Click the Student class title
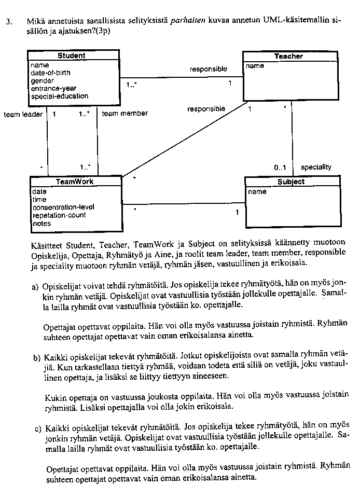tap(72, 56)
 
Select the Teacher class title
tap(288, 56)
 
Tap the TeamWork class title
tap(75, 182)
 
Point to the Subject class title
tap(291, 182)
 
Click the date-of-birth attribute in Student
tap(50, 73)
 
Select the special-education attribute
tap(59, 96)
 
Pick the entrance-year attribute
tap(53, 88)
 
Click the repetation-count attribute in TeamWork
tap(59, 215)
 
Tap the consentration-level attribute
tap(63, 207)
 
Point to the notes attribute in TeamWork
tap(41, 223)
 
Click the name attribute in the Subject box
tap(257, 192)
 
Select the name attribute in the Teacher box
tap(255, 66)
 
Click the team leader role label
tap(23, 114)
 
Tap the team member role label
tap(124, 113)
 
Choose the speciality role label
tap(316, 167)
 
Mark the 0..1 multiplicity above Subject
tap(280, 168)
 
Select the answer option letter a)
tap(35, 286)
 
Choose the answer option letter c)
tap(37, 428)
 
